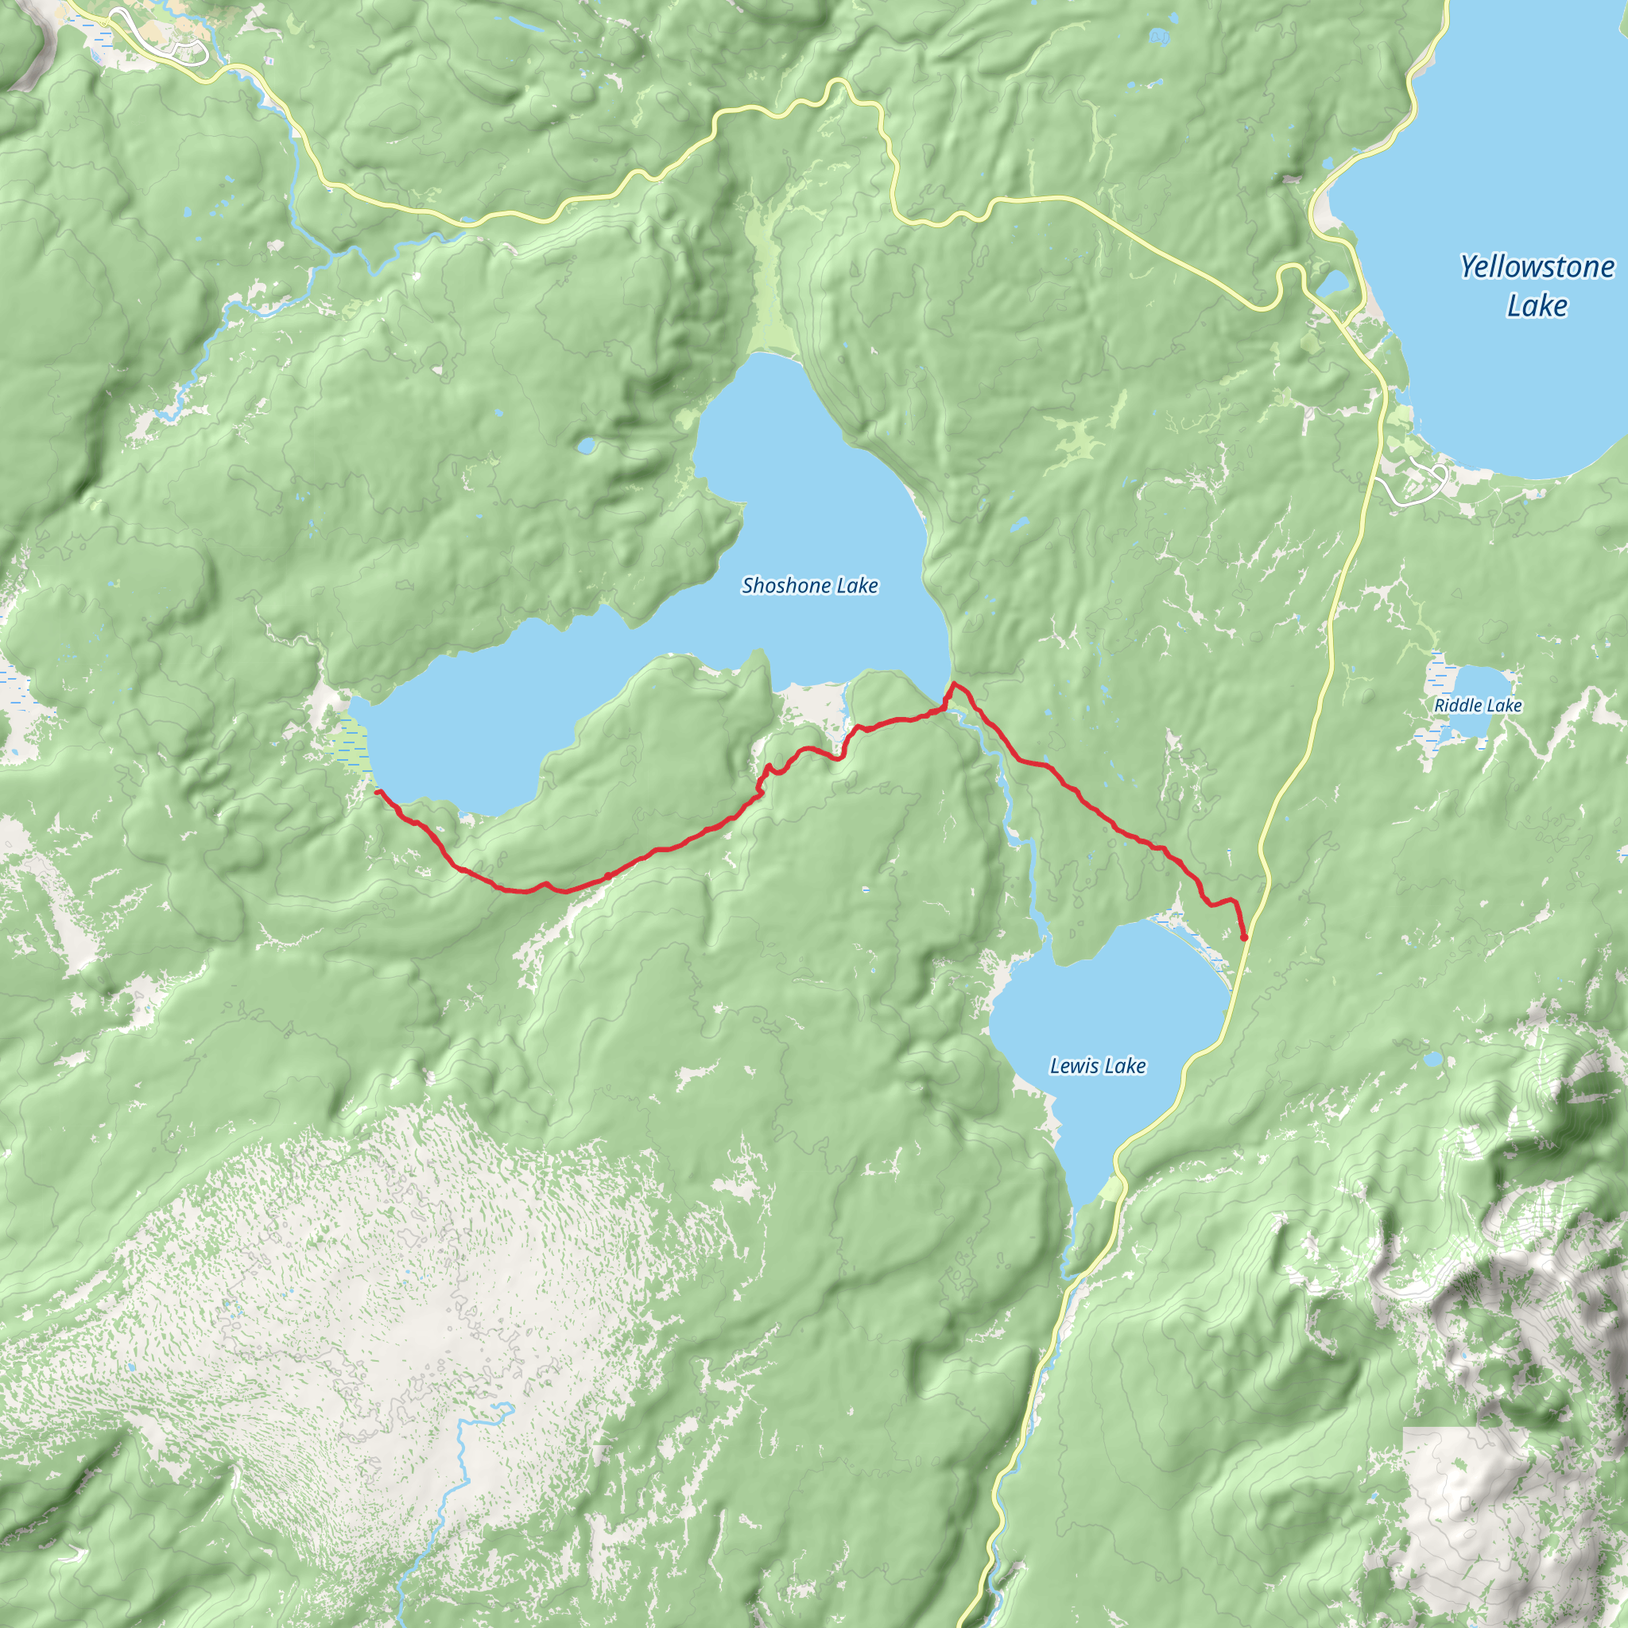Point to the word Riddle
tap(1459, 705)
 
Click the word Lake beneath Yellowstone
tap(1537, 305)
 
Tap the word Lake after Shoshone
tap(858, 586)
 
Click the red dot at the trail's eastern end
tap(1244, 937)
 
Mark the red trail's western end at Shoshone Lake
tap(377, 791)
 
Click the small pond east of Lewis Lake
tap(1432, 1058)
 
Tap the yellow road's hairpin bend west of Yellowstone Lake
tap(1289, 274)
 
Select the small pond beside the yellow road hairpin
tap(1334, 283)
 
